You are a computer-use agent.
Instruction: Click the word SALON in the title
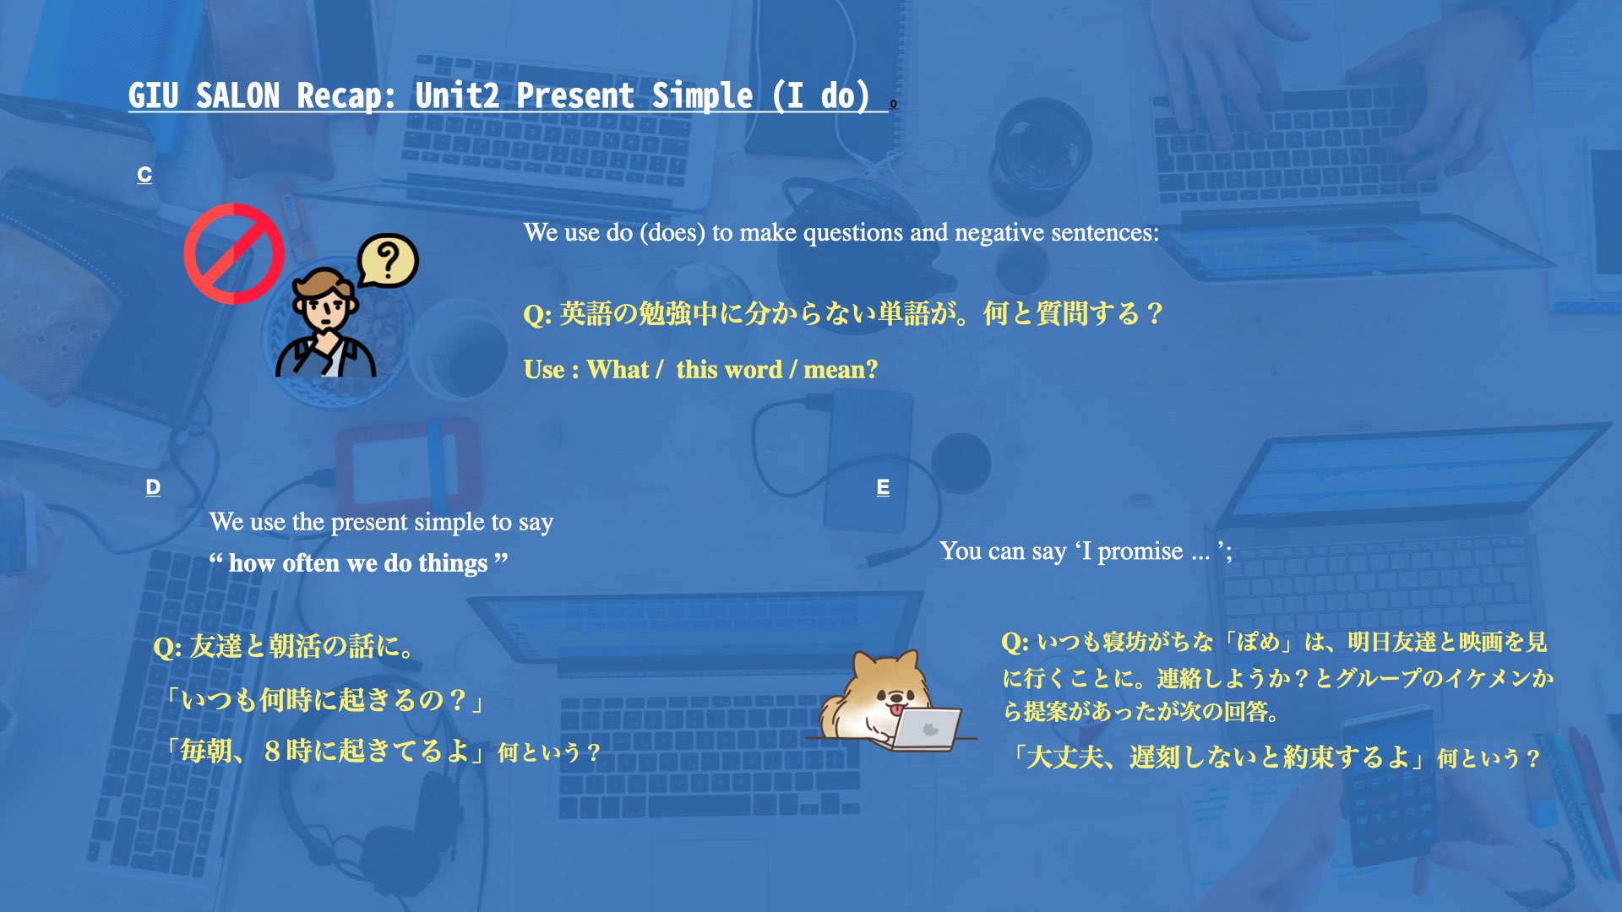237,95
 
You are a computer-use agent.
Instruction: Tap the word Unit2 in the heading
457,95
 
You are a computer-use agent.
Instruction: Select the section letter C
144,174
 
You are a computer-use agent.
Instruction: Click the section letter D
153,487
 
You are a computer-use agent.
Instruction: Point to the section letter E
883,487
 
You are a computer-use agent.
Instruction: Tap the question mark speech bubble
388,261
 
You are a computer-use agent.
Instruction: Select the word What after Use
618,369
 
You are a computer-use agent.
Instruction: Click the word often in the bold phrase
307,563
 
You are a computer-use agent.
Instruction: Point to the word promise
1140,551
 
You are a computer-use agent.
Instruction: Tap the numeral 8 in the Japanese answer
272,751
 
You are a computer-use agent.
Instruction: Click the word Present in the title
575,95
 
